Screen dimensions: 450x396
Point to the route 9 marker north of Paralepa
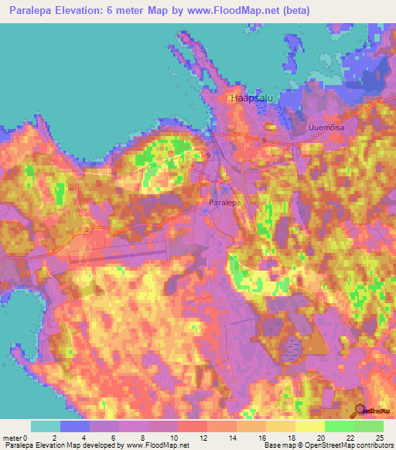pyautogui.click(x=208, y=155)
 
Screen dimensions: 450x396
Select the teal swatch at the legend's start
pyautogui.click(x=46, y=426)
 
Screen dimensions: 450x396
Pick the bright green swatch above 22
pyautogui.click(x=340, y=426)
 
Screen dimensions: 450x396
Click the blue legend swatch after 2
pyautogui.click(x=75, y=426)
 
